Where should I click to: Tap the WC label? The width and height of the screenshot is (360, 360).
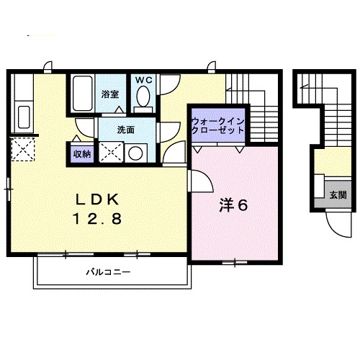click(143, 79)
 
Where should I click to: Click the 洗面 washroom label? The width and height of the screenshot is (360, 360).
click(127, 130)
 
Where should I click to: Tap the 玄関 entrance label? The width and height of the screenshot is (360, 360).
click(338, 194)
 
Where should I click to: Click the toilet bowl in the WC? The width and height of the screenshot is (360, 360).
click(143, 96)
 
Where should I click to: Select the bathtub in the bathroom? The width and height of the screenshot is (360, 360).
click(82, 93)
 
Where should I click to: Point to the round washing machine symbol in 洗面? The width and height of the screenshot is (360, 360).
click(134, 153)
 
